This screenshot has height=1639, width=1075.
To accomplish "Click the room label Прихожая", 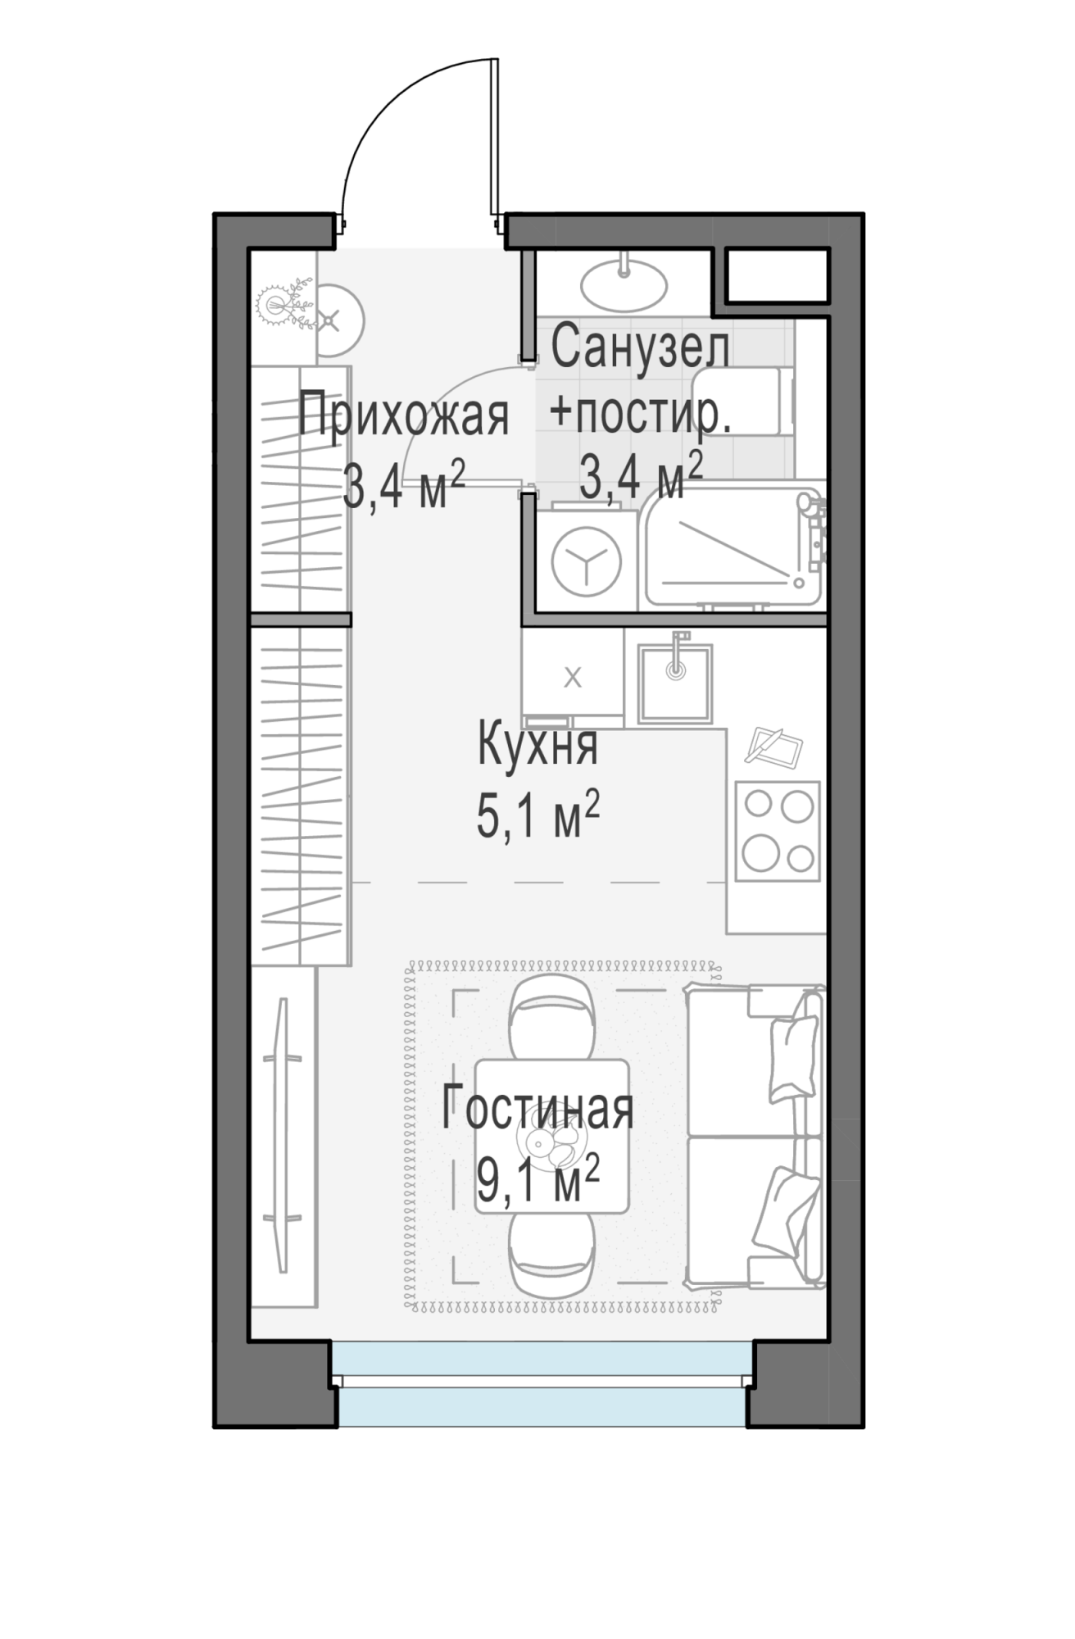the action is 403,415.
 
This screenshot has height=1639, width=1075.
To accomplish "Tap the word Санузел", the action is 641,347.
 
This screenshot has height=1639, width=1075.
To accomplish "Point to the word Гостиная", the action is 537,1108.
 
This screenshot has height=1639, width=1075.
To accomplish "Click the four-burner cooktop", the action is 777,831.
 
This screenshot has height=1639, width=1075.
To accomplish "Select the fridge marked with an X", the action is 573,678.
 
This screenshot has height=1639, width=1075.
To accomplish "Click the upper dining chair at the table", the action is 551,1019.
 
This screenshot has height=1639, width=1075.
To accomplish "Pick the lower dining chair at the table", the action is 551,1254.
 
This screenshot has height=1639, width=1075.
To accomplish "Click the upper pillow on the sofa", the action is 793,1058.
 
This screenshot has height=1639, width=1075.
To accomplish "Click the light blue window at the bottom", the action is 542,1382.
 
